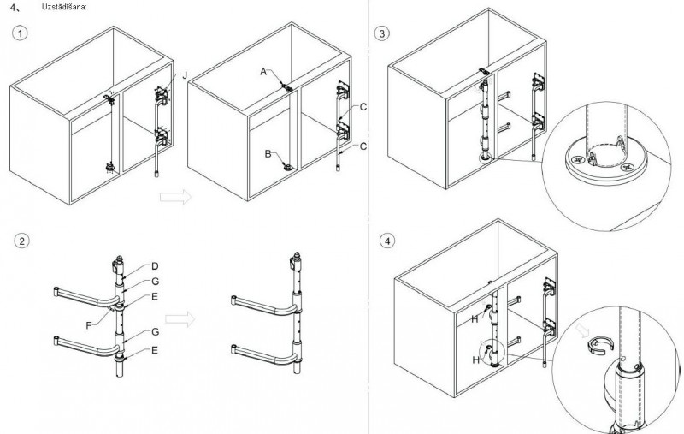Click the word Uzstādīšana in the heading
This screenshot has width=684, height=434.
[64, 7]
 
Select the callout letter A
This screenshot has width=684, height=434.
[263, 74]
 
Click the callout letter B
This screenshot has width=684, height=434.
[268, 153]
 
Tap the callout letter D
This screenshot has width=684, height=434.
[155, 265]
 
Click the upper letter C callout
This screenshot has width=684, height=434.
[363, 107]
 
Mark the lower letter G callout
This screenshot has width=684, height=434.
[155, 331]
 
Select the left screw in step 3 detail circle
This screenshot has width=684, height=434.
[579, 160]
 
